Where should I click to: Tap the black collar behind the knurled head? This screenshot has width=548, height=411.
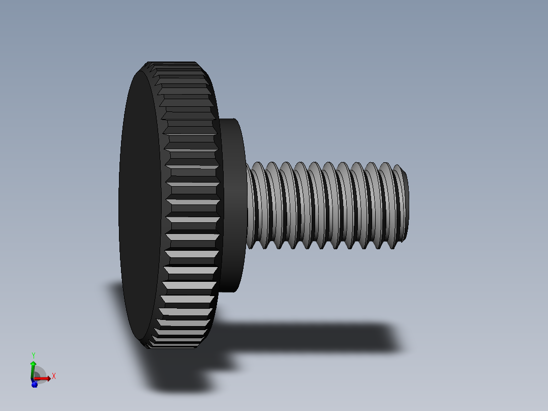233,203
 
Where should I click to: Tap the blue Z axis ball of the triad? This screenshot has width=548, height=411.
35,384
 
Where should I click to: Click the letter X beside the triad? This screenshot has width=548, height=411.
53,376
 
